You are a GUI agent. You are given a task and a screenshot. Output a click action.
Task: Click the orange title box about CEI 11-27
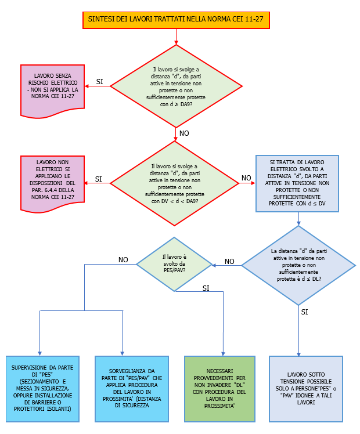click(x=176, y=20)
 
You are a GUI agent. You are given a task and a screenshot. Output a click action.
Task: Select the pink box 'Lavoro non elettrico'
click(x=52, y=180)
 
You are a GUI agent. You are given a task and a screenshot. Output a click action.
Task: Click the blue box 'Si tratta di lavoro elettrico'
click(x=297, y=183)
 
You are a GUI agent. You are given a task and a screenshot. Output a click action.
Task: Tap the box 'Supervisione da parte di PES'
click(x=40, y=388)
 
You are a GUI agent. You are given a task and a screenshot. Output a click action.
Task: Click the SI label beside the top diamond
click(x=100, y=82)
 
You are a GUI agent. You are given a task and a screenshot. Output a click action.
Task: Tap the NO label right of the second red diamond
click(x=247, y=178)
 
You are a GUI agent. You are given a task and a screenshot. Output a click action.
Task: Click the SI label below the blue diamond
click(x=305, y=312)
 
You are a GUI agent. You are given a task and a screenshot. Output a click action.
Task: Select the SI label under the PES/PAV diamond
click(x=206, y=288)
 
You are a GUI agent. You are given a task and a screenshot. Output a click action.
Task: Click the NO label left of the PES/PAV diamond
click(x=123, y=260)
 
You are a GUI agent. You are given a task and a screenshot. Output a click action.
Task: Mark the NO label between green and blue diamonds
click(x=229, y=261)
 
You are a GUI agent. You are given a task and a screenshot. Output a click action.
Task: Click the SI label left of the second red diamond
click(x=99, y=179)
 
